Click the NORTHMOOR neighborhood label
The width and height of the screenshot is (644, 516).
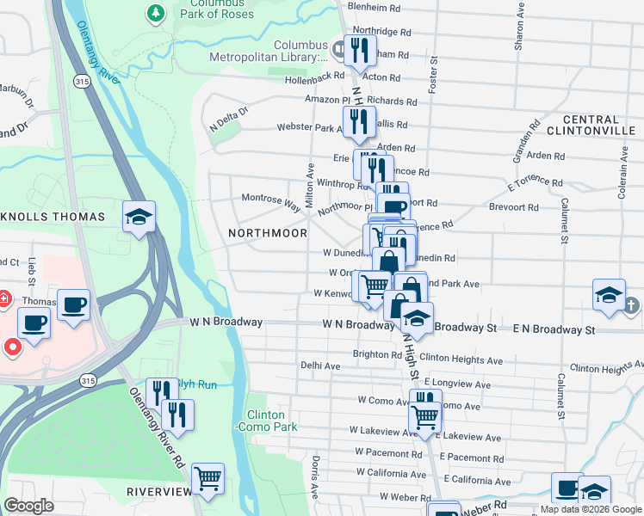click(268, 233)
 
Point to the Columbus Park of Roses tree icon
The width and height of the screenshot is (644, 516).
click(155, 13)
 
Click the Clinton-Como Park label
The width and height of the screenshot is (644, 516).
click(265, 421)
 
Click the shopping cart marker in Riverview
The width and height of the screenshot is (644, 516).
click(207, 477)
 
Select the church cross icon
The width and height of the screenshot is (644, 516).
click(631, 305)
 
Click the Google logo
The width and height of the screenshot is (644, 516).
click(29, 506)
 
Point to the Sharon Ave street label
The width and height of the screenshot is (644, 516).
click(519, 30)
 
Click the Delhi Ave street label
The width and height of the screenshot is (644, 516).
click(319, 365)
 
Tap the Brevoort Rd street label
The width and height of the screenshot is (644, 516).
click(515, 207)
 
